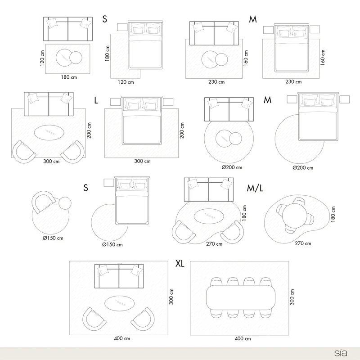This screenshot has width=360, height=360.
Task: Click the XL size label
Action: [180, 264]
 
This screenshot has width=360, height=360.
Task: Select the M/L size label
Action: [255, 188]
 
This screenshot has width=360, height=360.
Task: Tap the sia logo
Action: [341, 353]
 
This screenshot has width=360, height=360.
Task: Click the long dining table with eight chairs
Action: [241, 297]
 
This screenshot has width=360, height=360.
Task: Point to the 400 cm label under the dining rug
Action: [243, 338]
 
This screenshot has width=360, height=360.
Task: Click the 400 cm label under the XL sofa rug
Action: [122, 338]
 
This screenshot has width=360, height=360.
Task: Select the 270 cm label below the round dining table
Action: [303, 243]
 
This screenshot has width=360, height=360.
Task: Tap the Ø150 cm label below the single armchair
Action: [53, 238]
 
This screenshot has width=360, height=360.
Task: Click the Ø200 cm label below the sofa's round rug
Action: [232, 167]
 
